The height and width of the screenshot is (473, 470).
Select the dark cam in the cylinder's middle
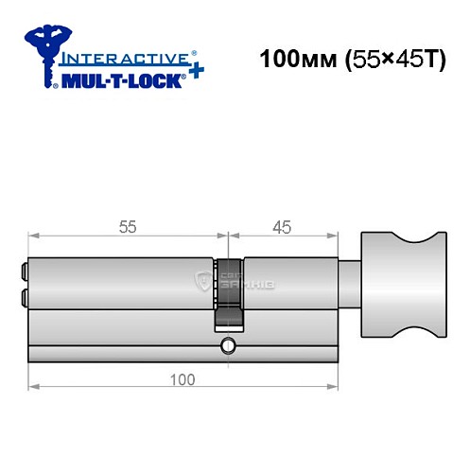pyautogui.click(x=227, y=289)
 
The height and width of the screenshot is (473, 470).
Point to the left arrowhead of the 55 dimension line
pyautogui.click(x=33, y=236)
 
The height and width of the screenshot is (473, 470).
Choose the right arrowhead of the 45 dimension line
pyautogui.click(x=334, y=236)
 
